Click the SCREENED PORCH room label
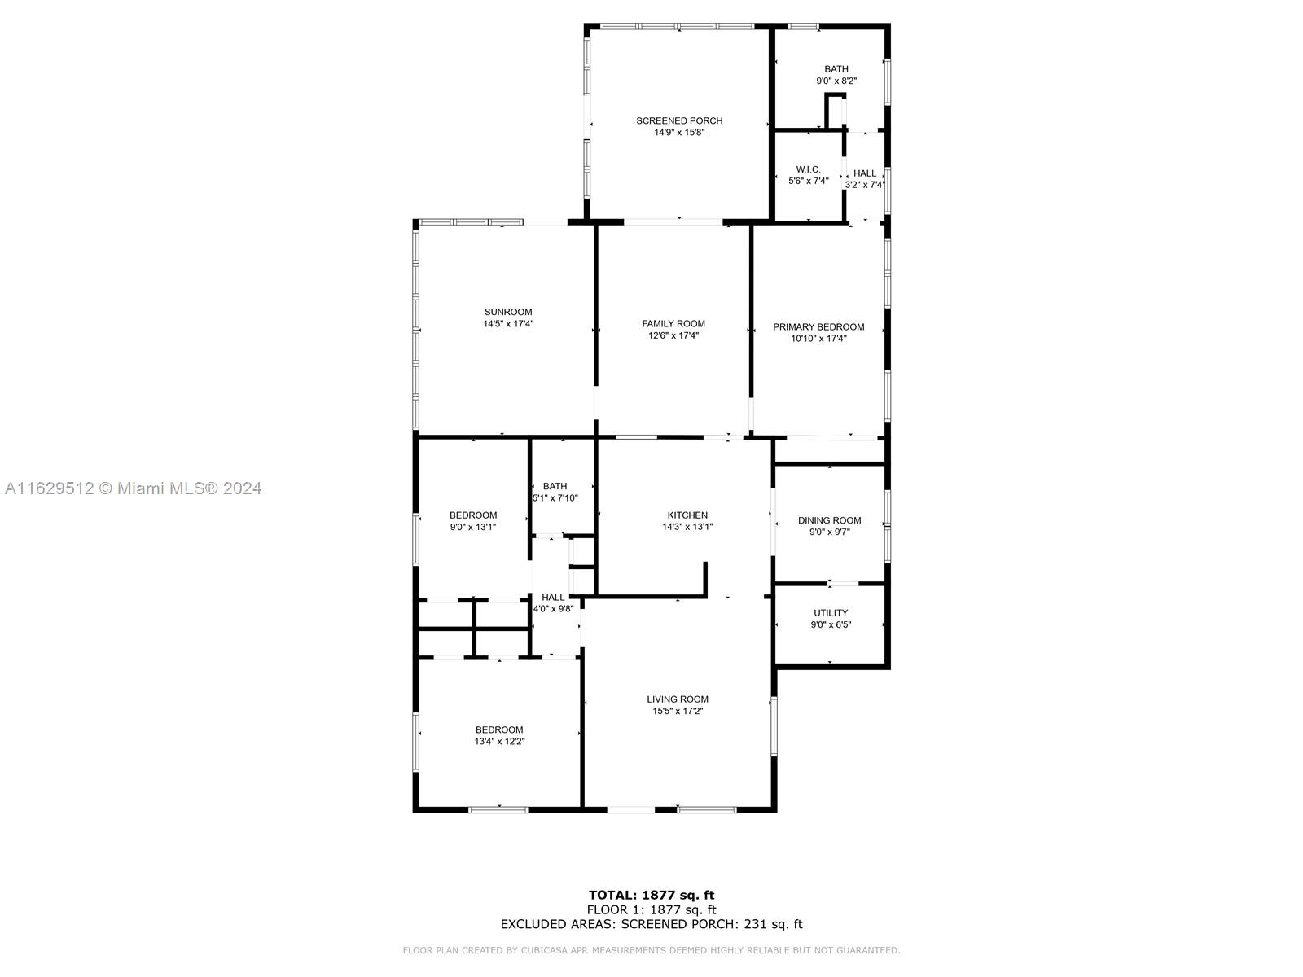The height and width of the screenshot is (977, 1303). (679, 121)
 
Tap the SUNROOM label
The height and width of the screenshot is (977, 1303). (508, 312)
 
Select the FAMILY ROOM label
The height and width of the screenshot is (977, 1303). (673, 324)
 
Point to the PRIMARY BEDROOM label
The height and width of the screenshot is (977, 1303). (818, 326)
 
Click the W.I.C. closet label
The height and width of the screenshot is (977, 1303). (808, 169)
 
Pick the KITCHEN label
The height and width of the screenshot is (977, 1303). (687, 515)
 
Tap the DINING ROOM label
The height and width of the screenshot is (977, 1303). (829, 520)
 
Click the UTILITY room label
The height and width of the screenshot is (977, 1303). (831, 613)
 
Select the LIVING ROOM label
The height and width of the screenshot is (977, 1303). (678, 699)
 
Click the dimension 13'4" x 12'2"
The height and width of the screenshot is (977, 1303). (499, 742)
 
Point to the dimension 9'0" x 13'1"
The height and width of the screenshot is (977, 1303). (472, 527)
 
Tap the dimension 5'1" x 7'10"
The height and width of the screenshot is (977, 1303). (555, 498)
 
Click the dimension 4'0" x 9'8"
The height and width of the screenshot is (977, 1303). (553, 609)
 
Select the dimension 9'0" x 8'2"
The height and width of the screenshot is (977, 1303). (836, 81)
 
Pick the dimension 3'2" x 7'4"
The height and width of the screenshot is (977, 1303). (865, 185)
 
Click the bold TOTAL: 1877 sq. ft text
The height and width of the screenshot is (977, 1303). (651, 895)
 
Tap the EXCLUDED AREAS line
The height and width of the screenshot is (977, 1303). (651, 924)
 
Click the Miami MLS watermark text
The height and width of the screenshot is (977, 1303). (133, 488)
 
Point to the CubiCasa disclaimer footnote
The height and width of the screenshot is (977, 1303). (651, 950)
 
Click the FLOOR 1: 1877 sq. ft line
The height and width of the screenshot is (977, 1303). (651, 910)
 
